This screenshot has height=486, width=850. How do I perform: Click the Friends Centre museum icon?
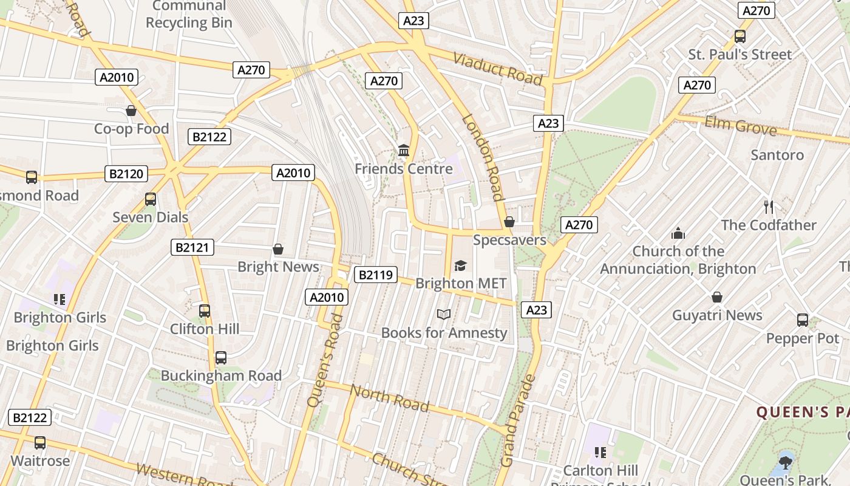[x=404, y=150]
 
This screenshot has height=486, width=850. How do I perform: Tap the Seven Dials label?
[x=151, y=217]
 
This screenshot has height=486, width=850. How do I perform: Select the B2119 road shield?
[x=375, y=275]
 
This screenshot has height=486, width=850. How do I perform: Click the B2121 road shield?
[x=192, y=247]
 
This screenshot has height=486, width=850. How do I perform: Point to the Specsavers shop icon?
[x=509, y=222]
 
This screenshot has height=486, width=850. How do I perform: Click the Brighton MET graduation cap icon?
[x=460, y=266]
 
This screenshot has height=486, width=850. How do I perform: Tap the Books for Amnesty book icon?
[x=444, y=314]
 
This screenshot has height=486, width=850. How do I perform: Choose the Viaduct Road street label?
[x=497, y=68]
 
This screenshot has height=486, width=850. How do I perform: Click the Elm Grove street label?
[x=740, y=126]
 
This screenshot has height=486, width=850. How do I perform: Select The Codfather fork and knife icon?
[x=769, y=207]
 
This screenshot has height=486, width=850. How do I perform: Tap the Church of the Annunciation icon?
[x=678, y=233]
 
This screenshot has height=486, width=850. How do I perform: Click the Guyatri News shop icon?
[x=717, y=297]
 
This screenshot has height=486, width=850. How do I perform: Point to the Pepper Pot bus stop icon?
[x=803, y=320]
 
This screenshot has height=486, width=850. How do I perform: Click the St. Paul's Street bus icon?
[x=739, y=36]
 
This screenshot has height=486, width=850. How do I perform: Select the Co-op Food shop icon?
[x=131, y=111]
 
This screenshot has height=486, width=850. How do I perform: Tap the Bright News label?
[x=278, y=267]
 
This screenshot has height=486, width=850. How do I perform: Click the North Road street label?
[x=389, y=399]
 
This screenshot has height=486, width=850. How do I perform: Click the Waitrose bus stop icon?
[x=40, y=443]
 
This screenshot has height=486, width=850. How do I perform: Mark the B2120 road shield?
[x=126, y=174]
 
